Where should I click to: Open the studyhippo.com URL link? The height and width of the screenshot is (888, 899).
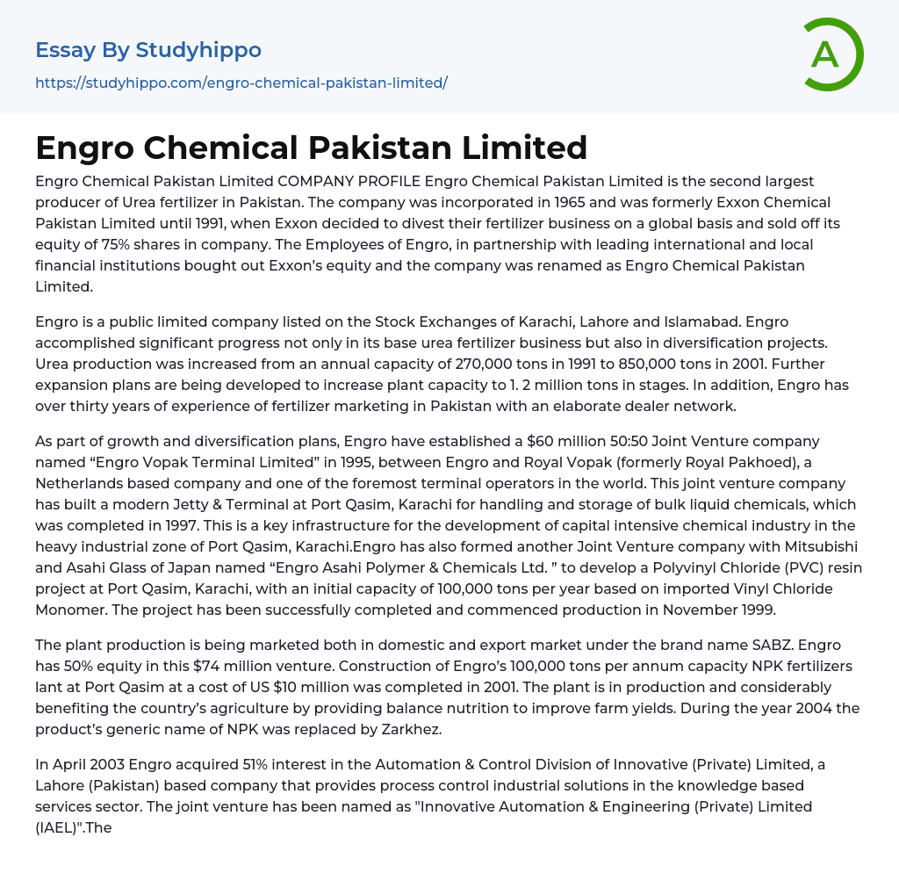241,83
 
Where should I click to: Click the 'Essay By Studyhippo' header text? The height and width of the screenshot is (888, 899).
148,50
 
